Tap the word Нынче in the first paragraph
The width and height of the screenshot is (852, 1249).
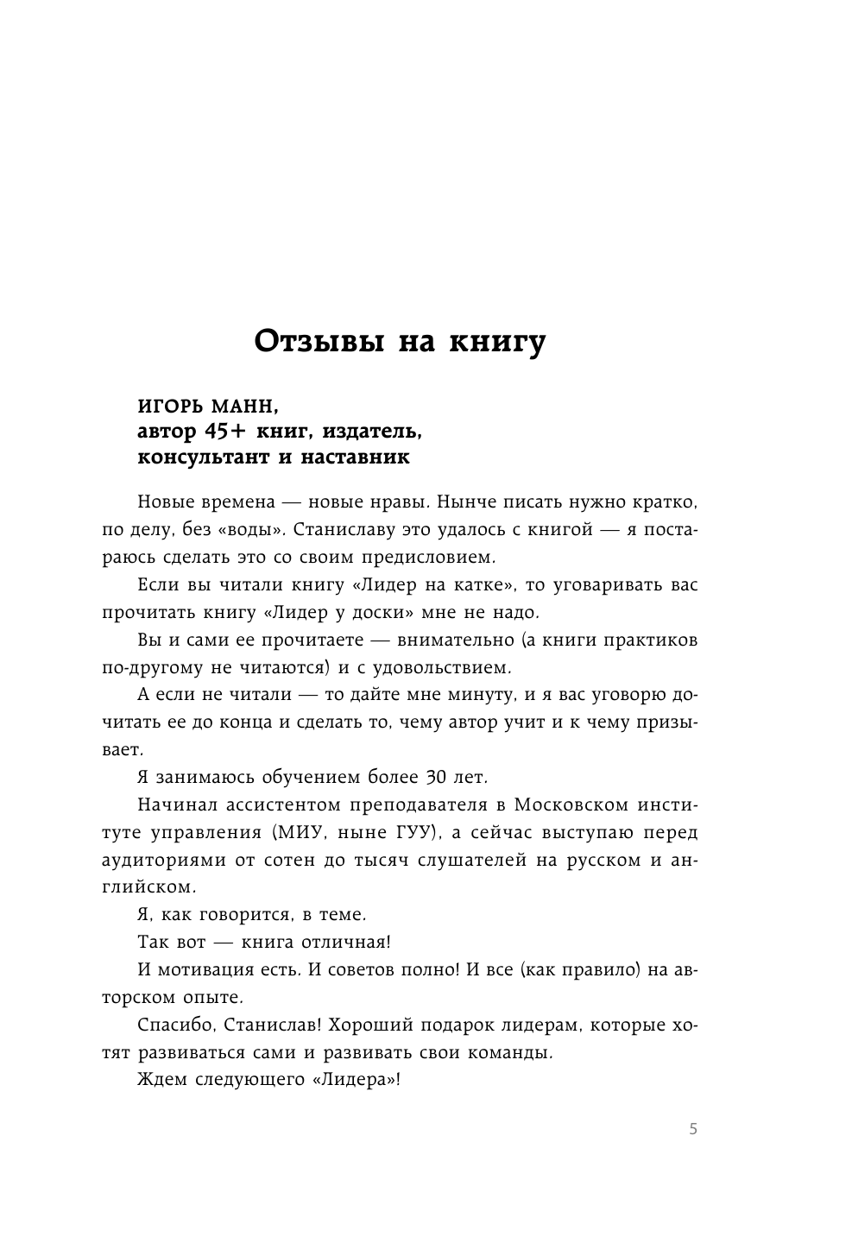tap(464, 501)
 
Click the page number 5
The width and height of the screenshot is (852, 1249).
tap(692, 1130)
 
